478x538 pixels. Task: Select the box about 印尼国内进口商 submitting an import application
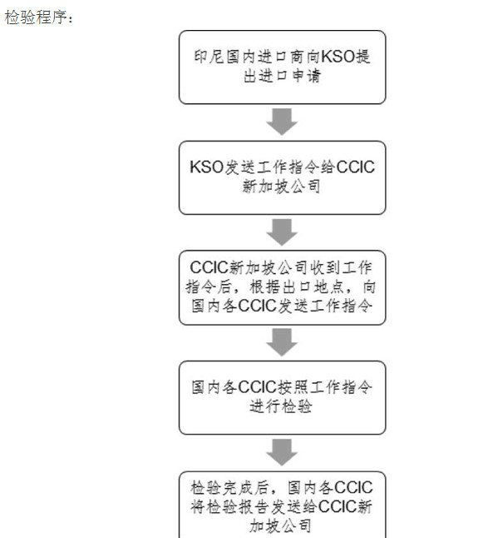coord(283,67)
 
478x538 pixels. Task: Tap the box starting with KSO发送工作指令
coord(283,177)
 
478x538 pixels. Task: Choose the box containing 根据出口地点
coord(283,287)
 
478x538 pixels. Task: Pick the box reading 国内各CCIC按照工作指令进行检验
coord(283,397)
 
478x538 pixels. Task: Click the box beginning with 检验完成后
coord(283,505)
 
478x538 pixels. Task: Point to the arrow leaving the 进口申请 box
coord(282,122)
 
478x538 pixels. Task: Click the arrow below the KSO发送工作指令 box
coord(282,232)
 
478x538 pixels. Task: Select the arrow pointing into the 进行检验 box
coord(282,342)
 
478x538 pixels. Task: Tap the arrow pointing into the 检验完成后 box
coord(282,452)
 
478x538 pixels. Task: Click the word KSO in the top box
coord(338,57)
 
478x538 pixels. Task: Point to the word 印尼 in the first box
coord(209,57)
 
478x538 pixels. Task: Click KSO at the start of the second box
coord(206,167)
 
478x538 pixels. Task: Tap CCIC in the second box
coord(356,167)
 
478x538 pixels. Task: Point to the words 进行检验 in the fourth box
coord(281,406)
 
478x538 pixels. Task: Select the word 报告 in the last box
coord(253,507)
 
